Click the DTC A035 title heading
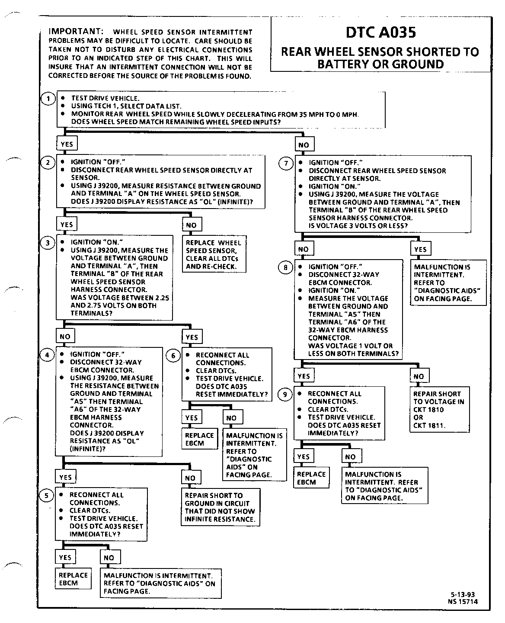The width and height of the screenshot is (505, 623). click(380, 32)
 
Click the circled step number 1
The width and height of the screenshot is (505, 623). click(48, 99)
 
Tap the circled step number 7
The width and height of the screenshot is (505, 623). click(285, 164)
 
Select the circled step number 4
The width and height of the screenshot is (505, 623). click(47, 355)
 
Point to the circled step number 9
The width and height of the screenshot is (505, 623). click(284, 394)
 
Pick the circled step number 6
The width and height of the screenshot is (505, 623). click(173, 356)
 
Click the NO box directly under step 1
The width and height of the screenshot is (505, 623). click(304, 145)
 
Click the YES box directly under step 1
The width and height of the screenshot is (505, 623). click(66, 144)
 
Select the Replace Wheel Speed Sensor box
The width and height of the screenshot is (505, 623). click(214, 254)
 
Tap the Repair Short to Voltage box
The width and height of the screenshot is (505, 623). click(439, 409)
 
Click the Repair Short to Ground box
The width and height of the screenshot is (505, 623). click(220, 507)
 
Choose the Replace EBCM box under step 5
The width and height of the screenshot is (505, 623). click(73, 579)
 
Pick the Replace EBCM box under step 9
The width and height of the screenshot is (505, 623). click(311, 478)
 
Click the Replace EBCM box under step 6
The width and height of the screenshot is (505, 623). click(199, 439)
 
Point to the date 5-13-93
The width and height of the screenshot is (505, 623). click(462, 594)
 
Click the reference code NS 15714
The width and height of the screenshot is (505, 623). click(463, 601)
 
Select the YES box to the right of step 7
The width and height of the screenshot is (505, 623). click(420, 249)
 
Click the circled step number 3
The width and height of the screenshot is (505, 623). click(48, 243)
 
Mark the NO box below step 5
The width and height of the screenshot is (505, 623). click(109, 558)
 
